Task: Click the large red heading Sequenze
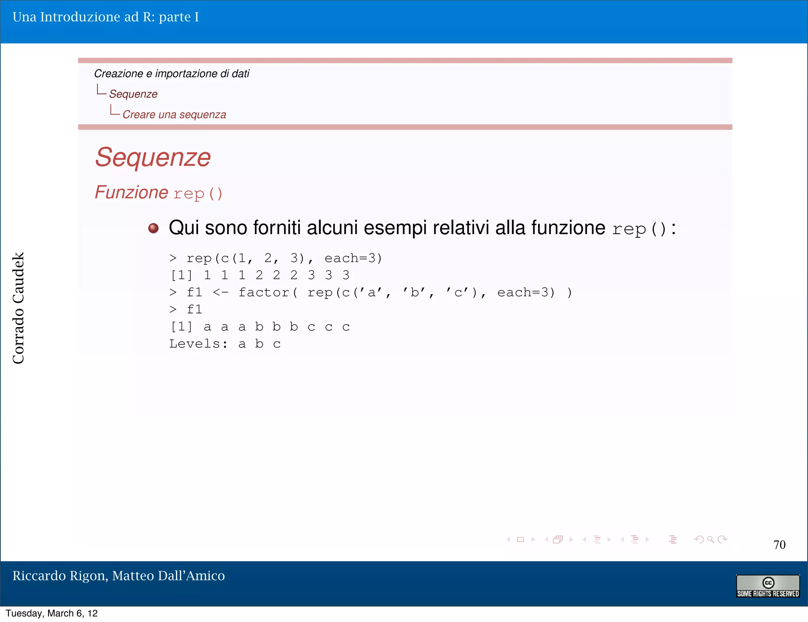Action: coord(153,157)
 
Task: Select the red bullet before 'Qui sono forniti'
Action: coord(153,228)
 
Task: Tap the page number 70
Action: coord(779,545)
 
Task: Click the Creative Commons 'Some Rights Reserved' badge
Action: coord(768,586)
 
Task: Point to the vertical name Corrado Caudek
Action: coord(19,308)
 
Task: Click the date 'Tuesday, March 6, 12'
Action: coord(52,613)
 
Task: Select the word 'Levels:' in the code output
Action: coord(198,344)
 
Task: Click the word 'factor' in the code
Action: coord(264,292)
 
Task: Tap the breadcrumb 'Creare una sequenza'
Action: coord(174,114)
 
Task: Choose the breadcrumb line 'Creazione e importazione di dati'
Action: coord(172,74)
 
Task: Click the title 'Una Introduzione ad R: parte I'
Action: coord(106,17)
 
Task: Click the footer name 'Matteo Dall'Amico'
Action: coord(168,576)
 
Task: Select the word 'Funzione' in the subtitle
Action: coord(131,193)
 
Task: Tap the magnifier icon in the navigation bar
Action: coord(711,540)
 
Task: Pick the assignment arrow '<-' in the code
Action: coord(220,292)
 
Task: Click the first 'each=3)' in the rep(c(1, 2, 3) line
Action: coord(353,258)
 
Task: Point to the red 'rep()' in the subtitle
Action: coord(198,194)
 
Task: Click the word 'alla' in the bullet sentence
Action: coord(510,228)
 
